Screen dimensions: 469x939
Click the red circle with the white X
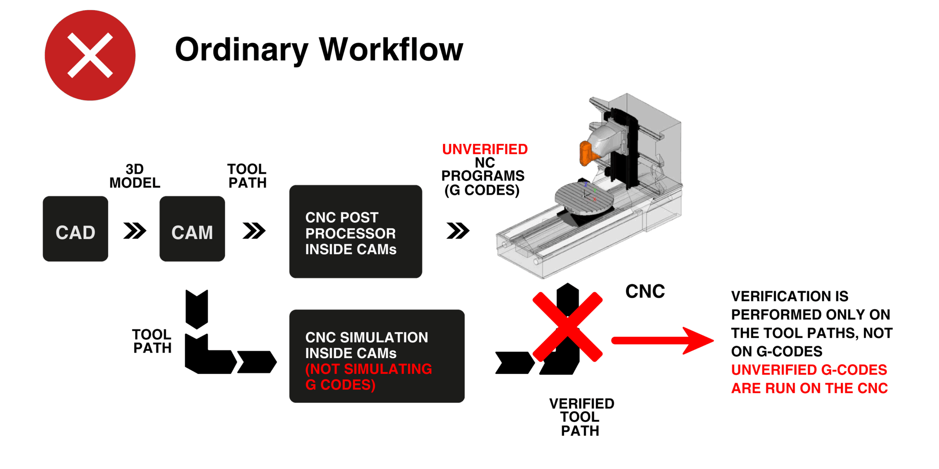(90, 55)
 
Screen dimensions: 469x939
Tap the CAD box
(76, 229)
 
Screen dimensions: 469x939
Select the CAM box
(192, 229)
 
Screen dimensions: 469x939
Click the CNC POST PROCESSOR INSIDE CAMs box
(355, 232)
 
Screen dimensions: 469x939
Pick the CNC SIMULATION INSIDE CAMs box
(376, 356)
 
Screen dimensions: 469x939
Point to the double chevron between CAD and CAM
(135, 230)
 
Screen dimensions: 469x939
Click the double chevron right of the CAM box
(254, 230)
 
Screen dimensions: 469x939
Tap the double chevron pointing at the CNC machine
(458, 230)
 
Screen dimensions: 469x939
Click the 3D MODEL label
(135, 176)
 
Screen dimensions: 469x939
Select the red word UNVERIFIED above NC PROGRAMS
(485, 149)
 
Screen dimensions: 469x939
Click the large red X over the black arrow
(567, 326)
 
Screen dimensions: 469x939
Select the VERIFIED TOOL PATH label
(581, 417)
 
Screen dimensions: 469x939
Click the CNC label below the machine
(645, 292)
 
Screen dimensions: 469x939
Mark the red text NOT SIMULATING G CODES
(368, 377)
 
